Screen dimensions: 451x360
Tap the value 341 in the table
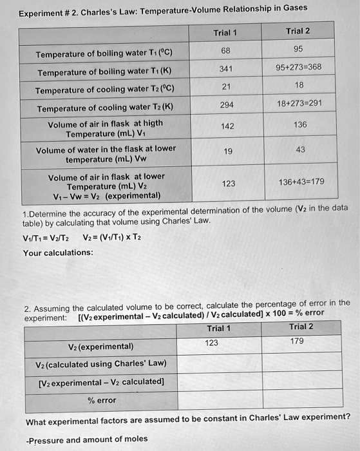tap(225, 68)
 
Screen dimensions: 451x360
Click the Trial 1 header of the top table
tap(225, 33)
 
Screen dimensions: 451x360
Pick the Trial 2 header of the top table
tap(298, 31)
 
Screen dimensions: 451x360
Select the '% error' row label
tap(102, 400)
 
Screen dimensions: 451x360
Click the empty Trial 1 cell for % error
tap(216, 400)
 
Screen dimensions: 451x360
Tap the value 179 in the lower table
tap(296, 341)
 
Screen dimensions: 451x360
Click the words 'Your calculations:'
tap(58, 253)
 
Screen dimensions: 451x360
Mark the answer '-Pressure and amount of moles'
tap(87, 439)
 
